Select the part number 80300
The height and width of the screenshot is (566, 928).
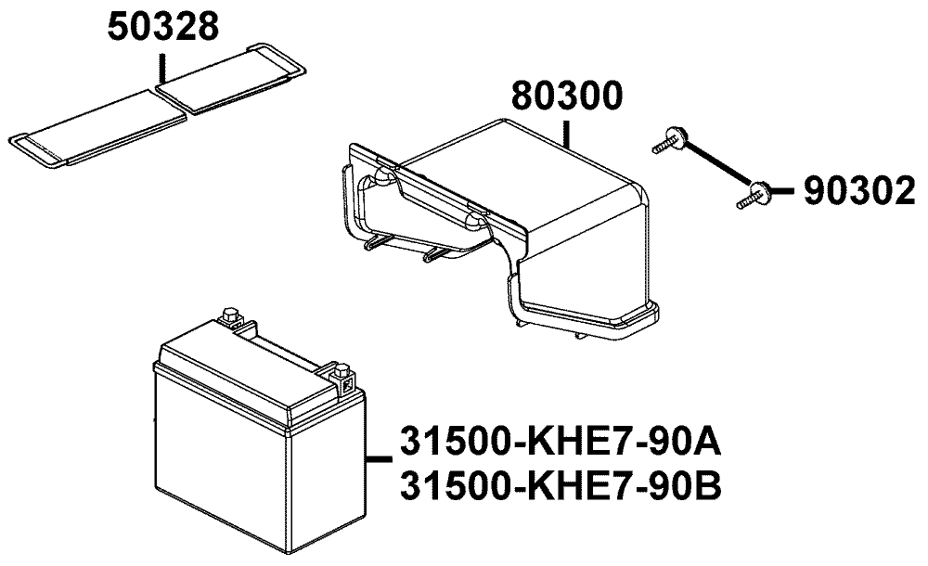(567, 98)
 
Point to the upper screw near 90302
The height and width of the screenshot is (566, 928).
(674, 141)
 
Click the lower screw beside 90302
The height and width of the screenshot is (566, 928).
(756, 193)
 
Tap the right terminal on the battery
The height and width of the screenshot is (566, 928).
(342, 375)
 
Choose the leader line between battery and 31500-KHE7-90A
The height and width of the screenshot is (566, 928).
(380, 457)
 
